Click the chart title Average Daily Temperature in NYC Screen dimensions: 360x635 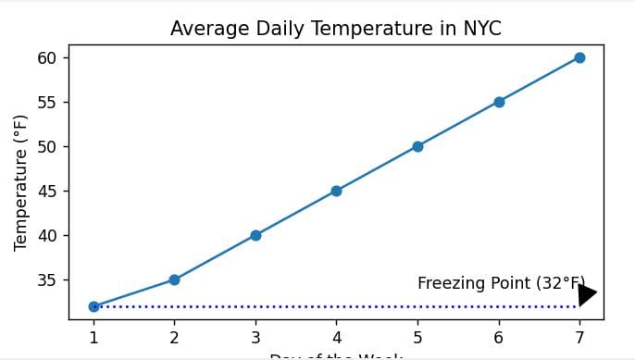[335, 29]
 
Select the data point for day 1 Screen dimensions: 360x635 [93, 306]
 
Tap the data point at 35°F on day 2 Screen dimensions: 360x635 [174, 279]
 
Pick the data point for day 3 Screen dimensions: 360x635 [255, 235]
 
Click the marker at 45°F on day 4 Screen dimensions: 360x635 [336, 191]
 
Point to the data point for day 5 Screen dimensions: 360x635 [417, 146]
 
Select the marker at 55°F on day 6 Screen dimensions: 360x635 [499, 102]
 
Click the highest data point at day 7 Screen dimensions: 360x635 [579, 57]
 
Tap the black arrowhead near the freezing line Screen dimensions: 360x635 [587, 294]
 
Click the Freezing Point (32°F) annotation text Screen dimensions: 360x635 [501, 283]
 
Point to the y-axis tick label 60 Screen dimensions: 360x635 [47, 57]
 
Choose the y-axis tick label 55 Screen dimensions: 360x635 [47, 102]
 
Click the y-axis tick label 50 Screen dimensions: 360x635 [47, 146]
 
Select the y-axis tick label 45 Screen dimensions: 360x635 [47, 191]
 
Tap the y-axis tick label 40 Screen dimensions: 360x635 [47, 235]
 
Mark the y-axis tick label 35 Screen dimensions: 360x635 [47, 279]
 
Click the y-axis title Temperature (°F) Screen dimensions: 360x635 [20, 182]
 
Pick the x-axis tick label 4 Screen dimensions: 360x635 [336, 337]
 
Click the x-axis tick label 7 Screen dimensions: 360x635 [579, 337]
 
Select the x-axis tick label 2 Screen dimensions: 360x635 [174, 337]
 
